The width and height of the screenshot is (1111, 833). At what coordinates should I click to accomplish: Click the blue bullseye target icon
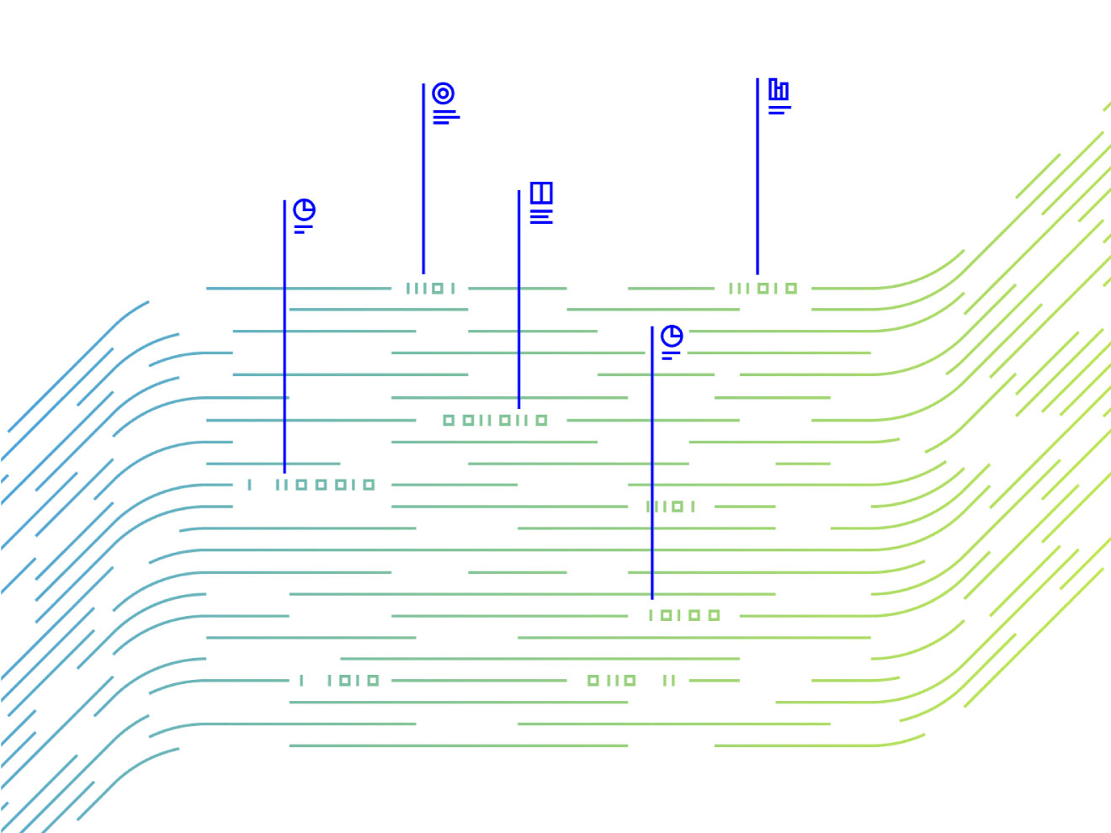[444, 93]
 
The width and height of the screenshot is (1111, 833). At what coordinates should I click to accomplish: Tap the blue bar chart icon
[779, 89]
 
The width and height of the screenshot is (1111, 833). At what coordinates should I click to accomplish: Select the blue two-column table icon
[541, 193]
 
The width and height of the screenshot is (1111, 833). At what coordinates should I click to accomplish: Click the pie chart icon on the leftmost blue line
[304, 210]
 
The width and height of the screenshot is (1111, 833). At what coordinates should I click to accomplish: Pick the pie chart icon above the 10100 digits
[672, 337]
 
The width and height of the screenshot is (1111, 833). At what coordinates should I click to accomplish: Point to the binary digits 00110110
[495, 420]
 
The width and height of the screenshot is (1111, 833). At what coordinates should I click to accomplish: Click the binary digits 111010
[763, 289]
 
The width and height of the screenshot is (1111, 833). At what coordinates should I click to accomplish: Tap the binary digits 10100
[684, 615]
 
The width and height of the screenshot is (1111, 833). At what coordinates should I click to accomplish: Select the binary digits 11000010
[324, 485]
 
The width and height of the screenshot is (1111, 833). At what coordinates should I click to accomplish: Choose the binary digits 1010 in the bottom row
[353, 680]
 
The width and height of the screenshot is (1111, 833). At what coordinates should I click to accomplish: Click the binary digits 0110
[611, 680]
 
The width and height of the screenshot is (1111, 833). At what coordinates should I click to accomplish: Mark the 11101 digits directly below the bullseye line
[430, 289]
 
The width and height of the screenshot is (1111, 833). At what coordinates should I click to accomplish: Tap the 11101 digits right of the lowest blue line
[670, 507]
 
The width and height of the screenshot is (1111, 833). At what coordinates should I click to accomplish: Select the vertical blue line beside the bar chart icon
[757, 177]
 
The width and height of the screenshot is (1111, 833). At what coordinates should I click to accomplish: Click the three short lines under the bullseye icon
[445, 117]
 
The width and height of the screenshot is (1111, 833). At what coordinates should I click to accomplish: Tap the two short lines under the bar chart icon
[779, 109]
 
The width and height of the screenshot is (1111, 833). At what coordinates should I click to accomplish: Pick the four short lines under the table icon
[541, 216]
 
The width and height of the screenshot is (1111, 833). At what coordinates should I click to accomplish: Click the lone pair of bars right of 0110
[669, 680]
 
